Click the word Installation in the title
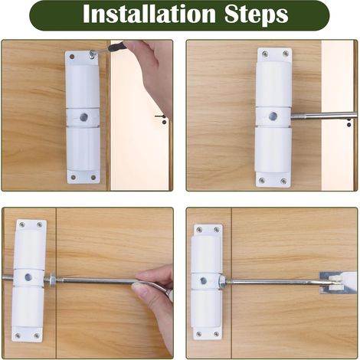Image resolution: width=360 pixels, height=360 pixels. click(149, 15)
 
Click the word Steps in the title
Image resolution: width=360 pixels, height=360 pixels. click(256, 15)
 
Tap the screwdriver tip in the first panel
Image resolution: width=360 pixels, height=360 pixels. click(91, 53)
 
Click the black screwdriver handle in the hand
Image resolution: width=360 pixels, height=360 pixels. click(117, 47)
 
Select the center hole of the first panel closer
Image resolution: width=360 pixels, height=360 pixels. click(83, 117)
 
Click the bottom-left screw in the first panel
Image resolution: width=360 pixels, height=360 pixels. click(73, 177)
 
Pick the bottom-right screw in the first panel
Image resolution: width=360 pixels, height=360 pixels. click(93, 177)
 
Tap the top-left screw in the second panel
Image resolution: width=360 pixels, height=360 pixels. click(266, 54)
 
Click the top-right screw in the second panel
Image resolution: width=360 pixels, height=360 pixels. click(286, 54)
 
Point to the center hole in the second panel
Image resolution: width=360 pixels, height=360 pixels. click(273, 116)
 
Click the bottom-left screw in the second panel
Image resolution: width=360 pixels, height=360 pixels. click(262, 181)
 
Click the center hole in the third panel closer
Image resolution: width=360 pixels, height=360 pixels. click(28, 277)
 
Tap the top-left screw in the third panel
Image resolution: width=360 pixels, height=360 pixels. click(22, 224)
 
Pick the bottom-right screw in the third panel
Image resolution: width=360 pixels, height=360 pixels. click(37, 335)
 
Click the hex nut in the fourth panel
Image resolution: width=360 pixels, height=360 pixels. click(221, 281)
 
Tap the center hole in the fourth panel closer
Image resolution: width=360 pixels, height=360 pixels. click(204, 281)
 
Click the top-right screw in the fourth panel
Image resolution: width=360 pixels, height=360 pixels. click(216, 230)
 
